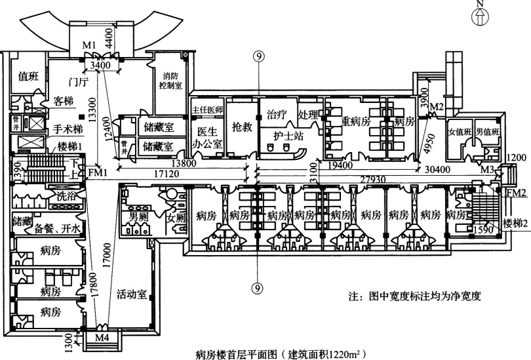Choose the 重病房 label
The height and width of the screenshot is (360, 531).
pos(356,122)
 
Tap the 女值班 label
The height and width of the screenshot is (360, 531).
pos(459,132)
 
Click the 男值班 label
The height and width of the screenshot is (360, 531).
pos(488,132)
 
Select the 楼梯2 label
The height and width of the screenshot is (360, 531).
pos(516,224)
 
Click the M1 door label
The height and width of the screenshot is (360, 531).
pos(90,45)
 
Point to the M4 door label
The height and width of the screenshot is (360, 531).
pos(102,338)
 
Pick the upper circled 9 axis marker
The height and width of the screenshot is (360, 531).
pos(260,57)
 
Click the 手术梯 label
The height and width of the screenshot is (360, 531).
pos(68,130)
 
